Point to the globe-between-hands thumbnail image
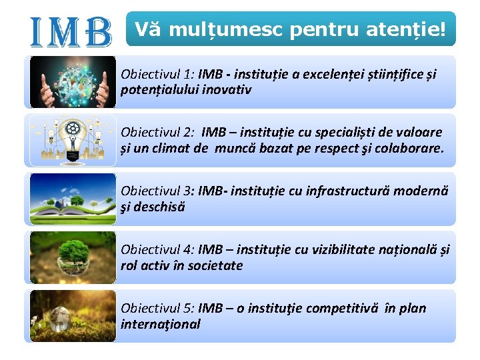click(73, 81)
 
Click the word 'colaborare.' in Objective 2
click(408, 148)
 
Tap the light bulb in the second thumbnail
click(72, 137)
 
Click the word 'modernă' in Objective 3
click(423, 191)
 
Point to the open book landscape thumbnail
click(73, 199)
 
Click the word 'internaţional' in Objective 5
click(160, 324)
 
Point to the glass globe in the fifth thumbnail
click(61, 319)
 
